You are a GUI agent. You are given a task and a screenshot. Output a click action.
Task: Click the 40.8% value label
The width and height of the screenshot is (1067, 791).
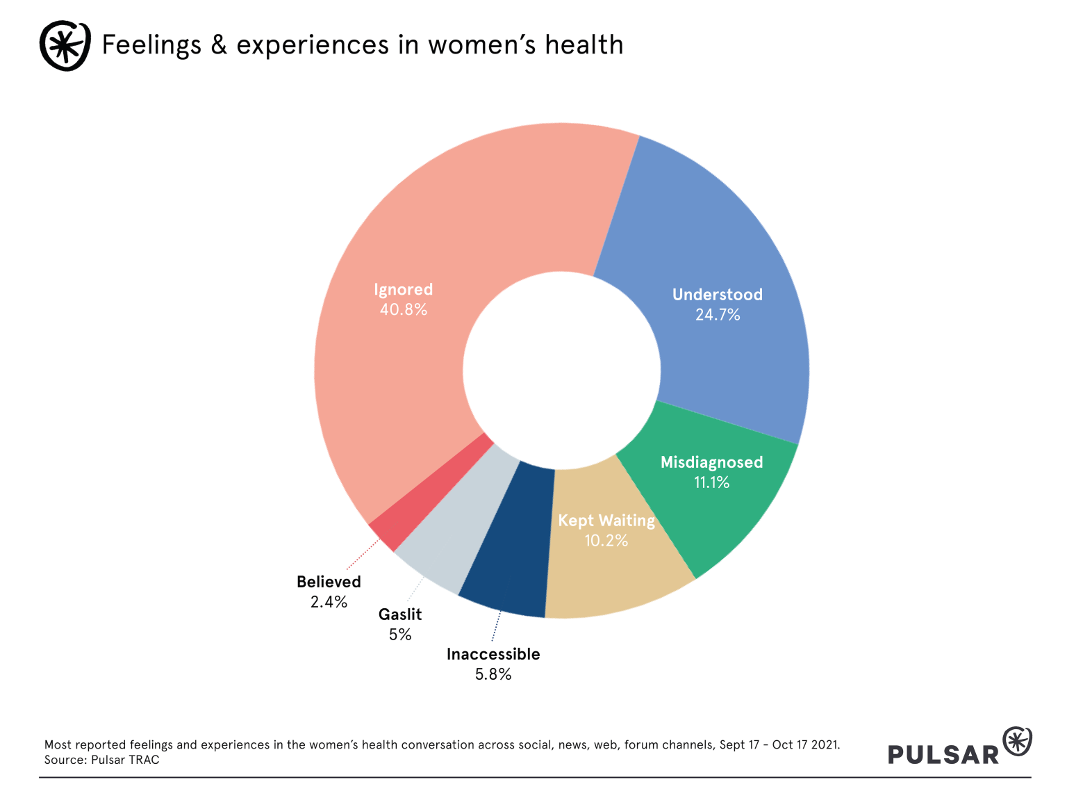coord(404,310)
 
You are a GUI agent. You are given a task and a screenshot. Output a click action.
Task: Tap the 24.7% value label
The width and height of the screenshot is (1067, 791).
coord(718,315)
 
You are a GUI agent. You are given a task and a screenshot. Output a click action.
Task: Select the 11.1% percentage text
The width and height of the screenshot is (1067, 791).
coord(712,482)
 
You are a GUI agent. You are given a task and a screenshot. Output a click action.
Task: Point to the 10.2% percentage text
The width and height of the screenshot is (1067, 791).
coord(606,541)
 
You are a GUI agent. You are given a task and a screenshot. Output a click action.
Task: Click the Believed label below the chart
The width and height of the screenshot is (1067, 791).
coord(329,582)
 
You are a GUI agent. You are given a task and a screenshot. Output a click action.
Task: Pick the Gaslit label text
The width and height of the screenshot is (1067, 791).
coord(400,614)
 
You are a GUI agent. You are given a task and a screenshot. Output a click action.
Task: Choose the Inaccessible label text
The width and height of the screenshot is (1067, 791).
coord(493,654)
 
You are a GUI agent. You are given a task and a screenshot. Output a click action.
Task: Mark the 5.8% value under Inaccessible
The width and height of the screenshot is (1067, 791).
coord(493,674)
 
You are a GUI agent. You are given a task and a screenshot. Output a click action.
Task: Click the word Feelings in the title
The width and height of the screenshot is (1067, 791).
coord(151,45)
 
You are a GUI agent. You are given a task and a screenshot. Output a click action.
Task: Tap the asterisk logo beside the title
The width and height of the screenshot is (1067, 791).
coord(65,45)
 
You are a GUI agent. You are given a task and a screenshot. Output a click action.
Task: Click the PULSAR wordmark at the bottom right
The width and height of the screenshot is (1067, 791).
coord(943,754)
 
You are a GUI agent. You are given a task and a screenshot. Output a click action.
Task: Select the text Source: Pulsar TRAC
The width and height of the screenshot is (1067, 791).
coord(102,760)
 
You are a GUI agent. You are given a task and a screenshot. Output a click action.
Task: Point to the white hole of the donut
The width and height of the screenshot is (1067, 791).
coord(561,370)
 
